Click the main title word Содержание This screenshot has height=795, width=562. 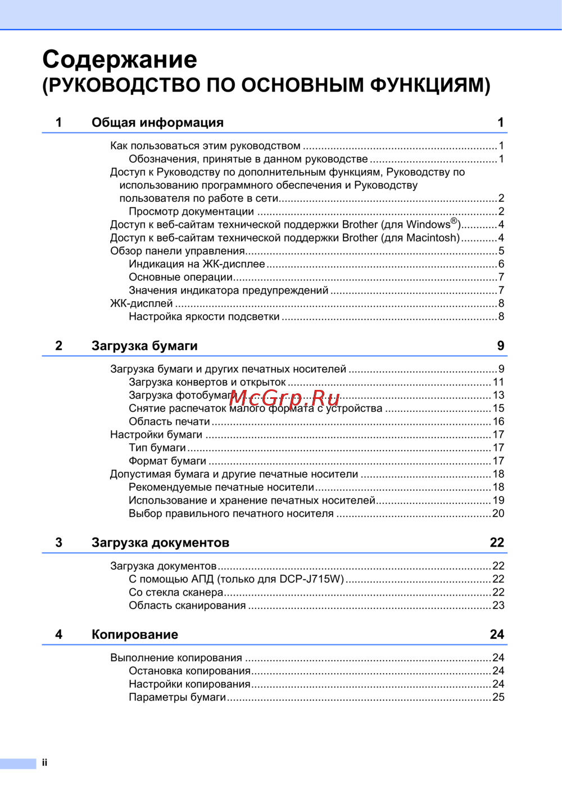pyautogui.click(x=120, y=60)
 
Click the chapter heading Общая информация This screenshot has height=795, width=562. pyautogui.click(x=157, y=122)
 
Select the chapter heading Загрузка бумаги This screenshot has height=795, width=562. pyautogui.click(x=144, y=346)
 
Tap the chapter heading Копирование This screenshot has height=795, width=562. pyautogui.click(x=135, y=634)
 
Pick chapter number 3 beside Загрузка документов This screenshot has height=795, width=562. pyautogui.click(x=59, y=543)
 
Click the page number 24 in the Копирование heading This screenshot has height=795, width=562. pyautogui.click(x=497, y=634)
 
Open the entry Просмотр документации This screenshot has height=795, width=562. pyautogui.click(x=191, y=212)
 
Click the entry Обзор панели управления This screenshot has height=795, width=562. pyautogui.click(x=178, y=251)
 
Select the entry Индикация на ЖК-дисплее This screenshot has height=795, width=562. pyautogui.click(x=197, y=264)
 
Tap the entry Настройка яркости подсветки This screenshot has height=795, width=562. pyautogui.click(x=204, y=317)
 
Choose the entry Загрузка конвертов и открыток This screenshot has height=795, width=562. pyautogui.click(x=207, y=383)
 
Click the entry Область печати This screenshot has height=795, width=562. pyautogui.click(x=169, y=422)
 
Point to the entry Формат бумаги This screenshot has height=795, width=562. pyautogui.click(x=167, y=461)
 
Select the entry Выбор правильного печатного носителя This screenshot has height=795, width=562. pyautogui.click(x=231, y=514)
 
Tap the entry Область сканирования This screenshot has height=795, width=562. pyautogui.click(x=187, y=606)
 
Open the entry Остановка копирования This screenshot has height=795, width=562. pyautogui.click(x=189, y=671)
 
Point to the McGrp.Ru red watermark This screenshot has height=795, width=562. pyautogui.click(x=285, y=398)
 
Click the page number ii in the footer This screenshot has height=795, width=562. pyautogui.click(x=44, y=762)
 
